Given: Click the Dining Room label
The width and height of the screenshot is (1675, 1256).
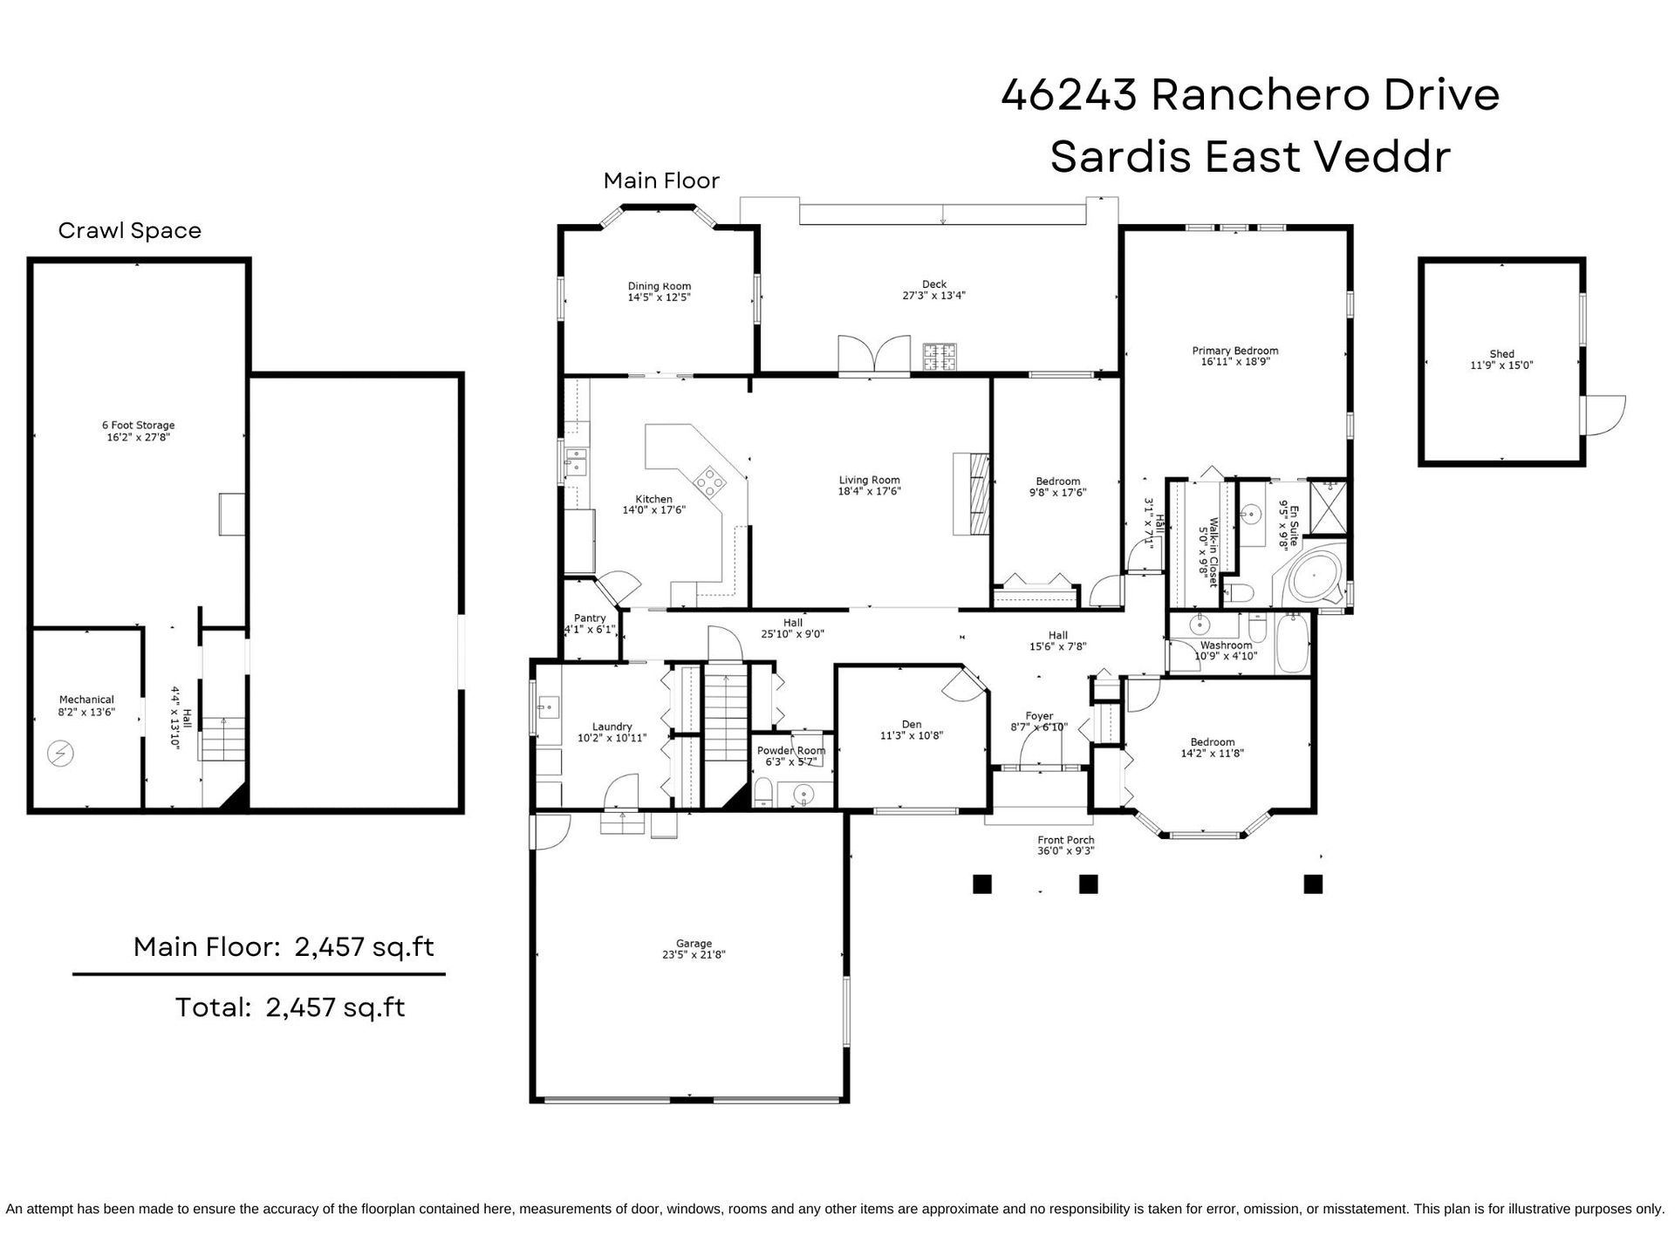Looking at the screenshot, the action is [x=660, y=286].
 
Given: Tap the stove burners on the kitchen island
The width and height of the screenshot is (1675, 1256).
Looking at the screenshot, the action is [x=709, y=481].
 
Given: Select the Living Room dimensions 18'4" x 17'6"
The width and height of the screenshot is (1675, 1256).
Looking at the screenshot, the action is [x=869, y=491].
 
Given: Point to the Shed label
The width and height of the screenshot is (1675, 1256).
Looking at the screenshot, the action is [x=1501, y=354].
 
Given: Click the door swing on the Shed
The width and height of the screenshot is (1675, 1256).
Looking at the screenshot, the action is [x=1605, y=415].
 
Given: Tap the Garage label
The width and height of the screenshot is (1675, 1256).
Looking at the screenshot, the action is [x=694, y=943].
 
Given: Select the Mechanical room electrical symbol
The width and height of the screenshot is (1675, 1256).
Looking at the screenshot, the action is [x=60, y=754].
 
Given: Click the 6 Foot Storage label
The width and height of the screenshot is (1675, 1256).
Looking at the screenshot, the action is [x=138, y=426].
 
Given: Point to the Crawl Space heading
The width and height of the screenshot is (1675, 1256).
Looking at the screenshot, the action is [x=130, y=230].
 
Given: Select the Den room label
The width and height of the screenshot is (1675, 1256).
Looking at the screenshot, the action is [x=912, y=724].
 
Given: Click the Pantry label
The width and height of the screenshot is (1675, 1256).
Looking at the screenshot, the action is [x=590, y=618].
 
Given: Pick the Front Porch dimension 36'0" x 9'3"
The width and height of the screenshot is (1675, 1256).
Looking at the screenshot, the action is [x=1065, y=851].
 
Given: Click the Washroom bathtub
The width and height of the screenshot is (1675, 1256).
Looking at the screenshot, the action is [x=1292, y=643].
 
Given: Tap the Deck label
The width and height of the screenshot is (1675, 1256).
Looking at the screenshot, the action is [x=934, y=284].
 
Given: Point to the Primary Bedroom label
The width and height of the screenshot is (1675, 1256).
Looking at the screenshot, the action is [x=1235, y=351].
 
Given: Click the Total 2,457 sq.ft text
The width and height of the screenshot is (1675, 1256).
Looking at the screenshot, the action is [x=291, y=1007].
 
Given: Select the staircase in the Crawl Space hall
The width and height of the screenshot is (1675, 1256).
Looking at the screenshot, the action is [x=223, y=738].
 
